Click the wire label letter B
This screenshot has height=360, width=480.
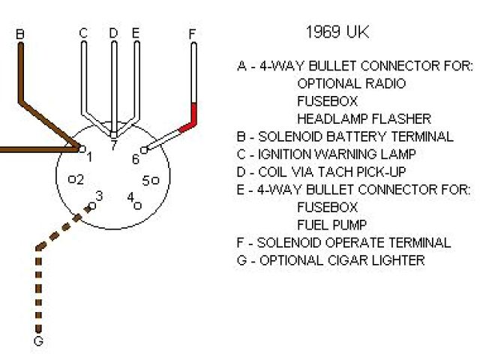point(20,34)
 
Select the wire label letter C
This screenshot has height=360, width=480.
point(83,33)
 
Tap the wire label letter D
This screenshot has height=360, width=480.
point(113,33)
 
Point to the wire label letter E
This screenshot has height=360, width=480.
point(136,33)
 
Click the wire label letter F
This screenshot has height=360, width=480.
point(193,34)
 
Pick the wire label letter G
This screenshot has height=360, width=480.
point(39,342)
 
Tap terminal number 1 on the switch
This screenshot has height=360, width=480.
point(89,157)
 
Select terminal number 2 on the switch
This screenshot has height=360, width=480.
point(79,178)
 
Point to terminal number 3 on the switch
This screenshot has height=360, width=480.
point(100,196)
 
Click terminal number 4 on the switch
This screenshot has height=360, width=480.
point(130,198)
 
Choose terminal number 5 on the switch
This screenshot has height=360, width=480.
point(147,179)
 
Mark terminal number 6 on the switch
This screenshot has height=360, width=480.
point(136,158)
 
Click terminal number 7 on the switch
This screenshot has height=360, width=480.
point(113,146)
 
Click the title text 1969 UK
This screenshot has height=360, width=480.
point(337,32)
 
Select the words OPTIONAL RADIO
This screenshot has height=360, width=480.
point(351,83)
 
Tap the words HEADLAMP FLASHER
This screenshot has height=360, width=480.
point(364,118)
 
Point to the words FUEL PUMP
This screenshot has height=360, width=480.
point(332,224)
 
